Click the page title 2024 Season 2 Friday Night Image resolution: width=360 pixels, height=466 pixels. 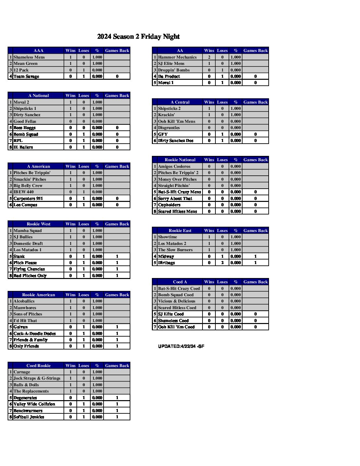pos(138,36)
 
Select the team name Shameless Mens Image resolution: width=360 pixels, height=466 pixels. pos(29,57)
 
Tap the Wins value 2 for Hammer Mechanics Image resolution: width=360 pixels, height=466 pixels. pos(209,57)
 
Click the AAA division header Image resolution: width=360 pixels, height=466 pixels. pos(38,51)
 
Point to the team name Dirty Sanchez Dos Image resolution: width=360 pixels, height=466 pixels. pos(175,141)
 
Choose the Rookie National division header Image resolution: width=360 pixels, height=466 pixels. pos(180,160)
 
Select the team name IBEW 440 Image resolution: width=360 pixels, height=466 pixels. pos(23,192)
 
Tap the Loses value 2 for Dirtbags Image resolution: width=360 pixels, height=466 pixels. pos(222,263)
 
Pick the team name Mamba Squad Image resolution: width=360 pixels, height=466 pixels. pos(27,231)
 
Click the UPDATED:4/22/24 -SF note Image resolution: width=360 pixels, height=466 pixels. pos(181,346)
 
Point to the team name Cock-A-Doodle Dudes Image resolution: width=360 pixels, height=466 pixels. pos(34,334)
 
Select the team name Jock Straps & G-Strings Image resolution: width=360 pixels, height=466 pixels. pos(37,378)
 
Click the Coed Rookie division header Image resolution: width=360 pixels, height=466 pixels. pos(38,366)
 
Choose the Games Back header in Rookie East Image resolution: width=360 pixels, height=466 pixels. pos(255,231)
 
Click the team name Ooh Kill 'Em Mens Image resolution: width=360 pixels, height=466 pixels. pos(176,121)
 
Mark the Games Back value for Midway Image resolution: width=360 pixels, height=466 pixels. pos(255,256)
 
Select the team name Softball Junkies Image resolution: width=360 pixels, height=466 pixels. pos(29,417)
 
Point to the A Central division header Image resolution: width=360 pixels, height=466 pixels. pos(180,102)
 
